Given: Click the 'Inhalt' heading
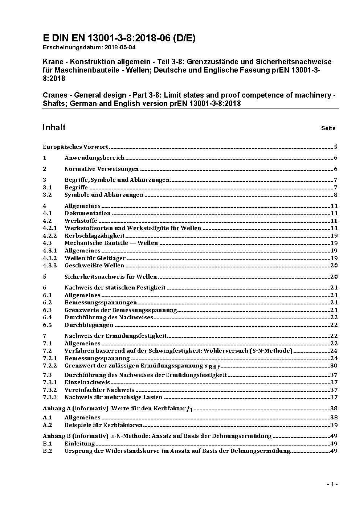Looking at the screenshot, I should pyautogui.click(x=54, y=127).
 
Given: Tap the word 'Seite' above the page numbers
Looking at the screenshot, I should pyautogui.click(x=328, y=128).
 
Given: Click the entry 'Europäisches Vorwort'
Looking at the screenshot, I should pyautogui.click(x=75, y=147).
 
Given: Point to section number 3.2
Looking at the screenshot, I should pyautogui.click(x=47, y=195).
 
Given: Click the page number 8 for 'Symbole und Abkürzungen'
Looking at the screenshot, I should pyautogui.click(x=336, y=195).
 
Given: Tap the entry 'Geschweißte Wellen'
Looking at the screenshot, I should pyautogui.click(x=94, y=266).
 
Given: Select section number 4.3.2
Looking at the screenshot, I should pyautogui.click(x=50, y=258).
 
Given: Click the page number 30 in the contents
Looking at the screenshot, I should pyautogui.click(x=334, y=366).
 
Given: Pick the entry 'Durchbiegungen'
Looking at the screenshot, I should pyautogui.click(x=89, y=325).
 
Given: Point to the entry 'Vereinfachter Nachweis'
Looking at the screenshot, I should pyautogui.click(x=99, y=390).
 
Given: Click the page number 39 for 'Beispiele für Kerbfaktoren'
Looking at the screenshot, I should pyautogui.click(x=334, y=425).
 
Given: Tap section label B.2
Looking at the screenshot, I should pyautogui.click(x=48, y=451).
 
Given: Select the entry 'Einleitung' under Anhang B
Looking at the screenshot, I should pyautogui.click(x=79, y=444).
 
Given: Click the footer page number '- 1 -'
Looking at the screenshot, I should pyautogui.click(x=332, y=484).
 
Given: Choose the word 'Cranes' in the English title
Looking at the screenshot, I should pyautogui.click(x=55, y=95).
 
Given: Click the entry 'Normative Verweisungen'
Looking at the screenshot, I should pyautogui.click(x=102, y=169).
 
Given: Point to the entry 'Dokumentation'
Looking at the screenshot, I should pyautogui.click(x=87, y=213).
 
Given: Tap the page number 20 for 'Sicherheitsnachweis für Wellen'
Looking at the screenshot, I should pyautogui.click(x=334, y=277).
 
